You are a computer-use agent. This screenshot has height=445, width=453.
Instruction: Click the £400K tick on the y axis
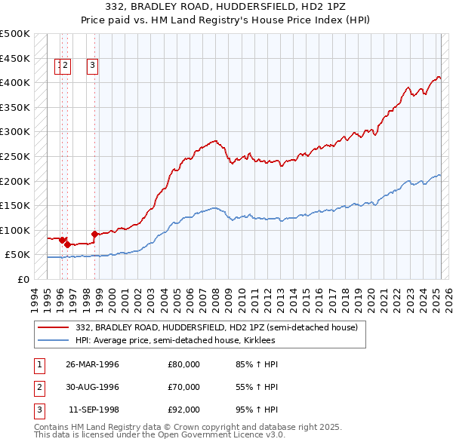tap(14, 81)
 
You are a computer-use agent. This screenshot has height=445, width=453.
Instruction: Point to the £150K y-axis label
tap(14, 205)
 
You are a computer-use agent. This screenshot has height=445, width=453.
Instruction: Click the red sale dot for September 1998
tap(94, 234)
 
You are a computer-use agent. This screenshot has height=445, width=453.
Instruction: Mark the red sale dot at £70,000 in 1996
tap(67, 244)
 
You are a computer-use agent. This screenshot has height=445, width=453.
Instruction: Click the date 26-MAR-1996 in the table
tap(93, 364)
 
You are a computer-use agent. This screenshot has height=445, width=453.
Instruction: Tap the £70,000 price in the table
tap(183, 387)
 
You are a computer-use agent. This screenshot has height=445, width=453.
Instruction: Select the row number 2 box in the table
tap(39, 387)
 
